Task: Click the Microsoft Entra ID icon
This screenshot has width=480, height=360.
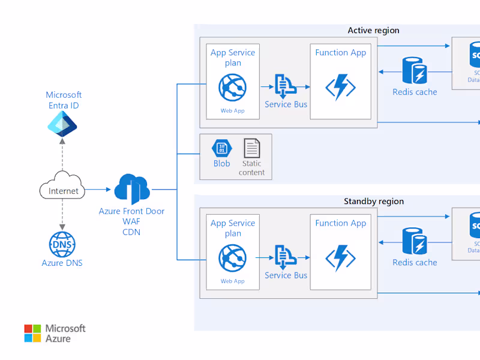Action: coord(63,124)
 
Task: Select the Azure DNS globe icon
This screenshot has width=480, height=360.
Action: coord(62,244)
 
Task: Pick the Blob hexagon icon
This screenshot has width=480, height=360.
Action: coord(221,148)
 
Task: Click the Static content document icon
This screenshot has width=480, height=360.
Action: coord(252,148)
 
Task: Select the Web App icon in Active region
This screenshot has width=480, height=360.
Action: coord(233,89)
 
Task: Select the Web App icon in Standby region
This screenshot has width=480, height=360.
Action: coord(233,259)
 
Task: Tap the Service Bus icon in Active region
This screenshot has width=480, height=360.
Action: coord(284,86)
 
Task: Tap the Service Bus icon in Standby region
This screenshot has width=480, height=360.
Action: coord(284,257)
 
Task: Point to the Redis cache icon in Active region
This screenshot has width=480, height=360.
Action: coord(415,71)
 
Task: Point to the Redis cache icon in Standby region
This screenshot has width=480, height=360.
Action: coord(415,241)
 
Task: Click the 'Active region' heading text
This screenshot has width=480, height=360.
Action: coord(373,31)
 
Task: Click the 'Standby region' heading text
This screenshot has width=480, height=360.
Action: coord(373,202)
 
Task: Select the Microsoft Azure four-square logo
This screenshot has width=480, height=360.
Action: coord(32,334)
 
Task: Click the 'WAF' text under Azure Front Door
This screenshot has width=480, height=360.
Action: coord(131,221)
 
